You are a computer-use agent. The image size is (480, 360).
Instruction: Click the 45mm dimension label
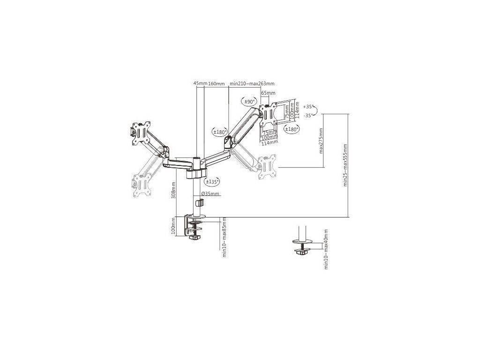pyautogui.click(x=201, y=83)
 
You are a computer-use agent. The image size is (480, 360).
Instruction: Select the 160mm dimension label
pyautogui.click(x=216, y=83)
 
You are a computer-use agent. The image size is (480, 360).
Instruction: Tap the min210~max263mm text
pyautogui.click(x=252, y=83)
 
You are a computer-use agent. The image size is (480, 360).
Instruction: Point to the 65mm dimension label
pyautogui.click(x=269, y=93)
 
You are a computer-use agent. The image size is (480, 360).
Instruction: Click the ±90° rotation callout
pyautogui.click(x=248, y=101)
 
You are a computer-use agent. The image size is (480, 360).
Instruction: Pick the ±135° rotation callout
pyautogui.click(x=213, y=181)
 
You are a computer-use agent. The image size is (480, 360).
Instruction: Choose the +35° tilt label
pyautogui.click(x=307, y=106)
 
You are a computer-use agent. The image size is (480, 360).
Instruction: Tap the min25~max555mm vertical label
pyautogui.click(x=345, y=165)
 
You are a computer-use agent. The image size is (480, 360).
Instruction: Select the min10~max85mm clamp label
pyautogui.click(x=225, y=237)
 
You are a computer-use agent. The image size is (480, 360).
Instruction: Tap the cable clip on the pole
pyautogui.click(x=200, y=203)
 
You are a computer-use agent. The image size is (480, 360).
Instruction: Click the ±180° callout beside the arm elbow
pyautogui.click(x=220, y=132)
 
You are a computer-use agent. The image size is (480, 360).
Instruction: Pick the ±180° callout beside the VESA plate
pyautogui.click(x=292, y=129)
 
